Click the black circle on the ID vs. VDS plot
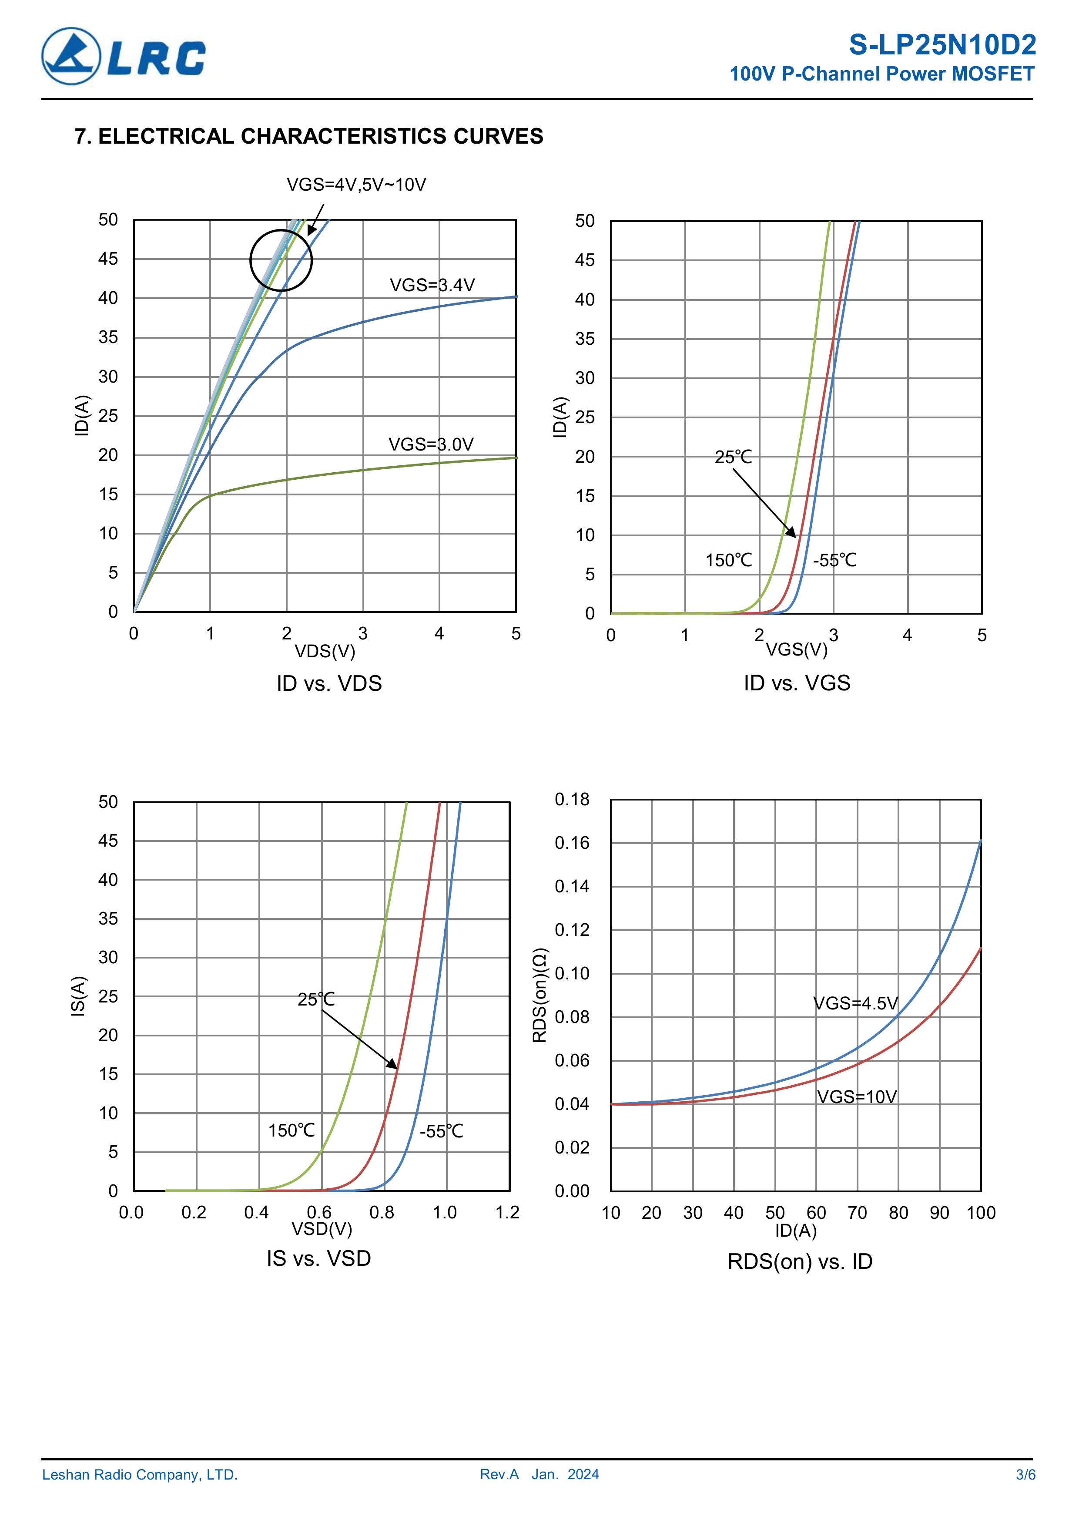click(281, 260)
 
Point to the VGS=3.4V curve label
click(432, 285)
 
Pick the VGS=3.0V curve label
click(431, 444)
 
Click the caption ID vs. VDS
click(329, 684)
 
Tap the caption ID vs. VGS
click(797, 683)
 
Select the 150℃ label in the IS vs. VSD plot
click(291, 1130)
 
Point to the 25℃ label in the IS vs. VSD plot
click(316, 999)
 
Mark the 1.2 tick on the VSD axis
click(507, 1212)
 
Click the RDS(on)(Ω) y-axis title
click(540, 995)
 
